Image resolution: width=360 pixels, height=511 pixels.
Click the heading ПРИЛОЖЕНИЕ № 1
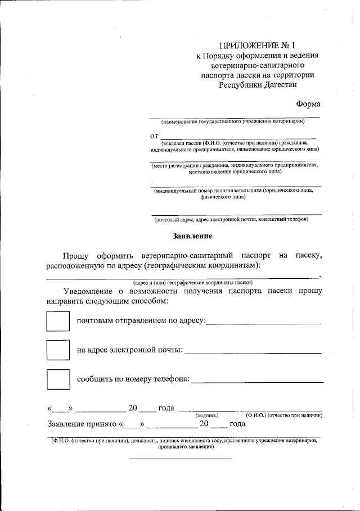pyautogui.click(x=257, y=45)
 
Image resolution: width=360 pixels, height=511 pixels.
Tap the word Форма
pyautogui.click(x=309, y=104)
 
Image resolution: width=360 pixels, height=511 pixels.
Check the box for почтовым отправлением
pyautogui.click(x=56, y=321)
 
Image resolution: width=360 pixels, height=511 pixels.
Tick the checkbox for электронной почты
pyautogui.click(x=56, y=350)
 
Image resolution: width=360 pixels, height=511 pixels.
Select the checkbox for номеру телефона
pyautogui.click(x=56, y=379)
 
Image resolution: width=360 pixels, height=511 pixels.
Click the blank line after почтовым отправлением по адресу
pyautogui.click(x=264, y=323)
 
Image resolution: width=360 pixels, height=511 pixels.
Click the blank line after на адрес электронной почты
pyautogui.click(x=253, y=352)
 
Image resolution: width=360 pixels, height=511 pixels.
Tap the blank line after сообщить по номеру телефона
pyautogui.click(x=257, y=382)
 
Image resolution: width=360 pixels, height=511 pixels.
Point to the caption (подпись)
pyautogui.click(x=206, y=415)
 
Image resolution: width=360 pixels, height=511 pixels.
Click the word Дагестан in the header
pyautogui.click(x=277, y=85)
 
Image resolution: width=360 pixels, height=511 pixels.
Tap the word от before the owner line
pyautogui.click(x=154, y=136)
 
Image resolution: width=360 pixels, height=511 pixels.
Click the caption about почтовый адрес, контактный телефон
pyautogui.click(x=232, y=219)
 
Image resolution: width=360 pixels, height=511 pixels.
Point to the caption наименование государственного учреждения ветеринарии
pyautogui.click(x=233, y=121)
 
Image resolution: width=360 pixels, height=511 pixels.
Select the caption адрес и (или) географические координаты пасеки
pyautogui.click(x=192, y=282)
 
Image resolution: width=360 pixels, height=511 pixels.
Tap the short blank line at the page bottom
pyautogui.click(x=180, y=458)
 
